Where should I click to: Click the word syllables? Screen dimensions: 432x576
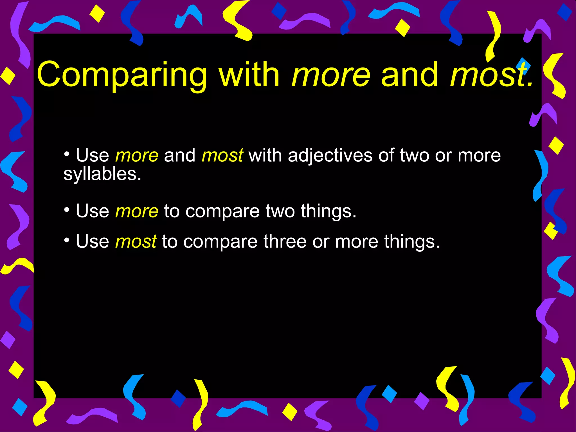tap(102, 174)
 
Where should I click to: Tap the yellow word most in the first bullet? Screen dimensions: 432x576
tap(222, 156)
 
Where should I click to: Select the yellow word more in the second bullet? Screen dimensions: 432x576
tap(137, 211)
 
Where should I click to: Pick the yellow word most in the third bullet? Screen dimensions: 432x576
tap(136, 242)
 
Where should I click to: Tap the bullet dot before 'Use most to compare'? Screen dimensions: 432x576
tap(67, 240)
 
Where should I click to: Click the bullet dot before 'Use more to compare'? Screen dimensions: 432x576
tap(67, 210)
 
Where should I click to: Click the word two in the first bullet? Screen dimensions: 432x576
tap(414, 156)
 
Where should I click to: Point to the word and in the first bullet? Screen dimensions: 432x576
tap(180, 156)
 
